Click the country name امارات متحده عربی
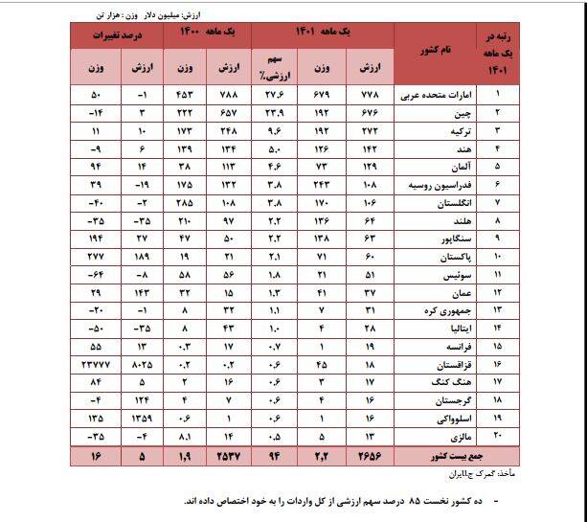click(443, 95)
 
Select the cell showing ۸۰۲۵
click(143, 364)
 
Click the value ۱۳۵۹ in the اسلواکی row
click(144, 418)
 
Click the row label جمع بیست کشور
click(443, 454)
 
